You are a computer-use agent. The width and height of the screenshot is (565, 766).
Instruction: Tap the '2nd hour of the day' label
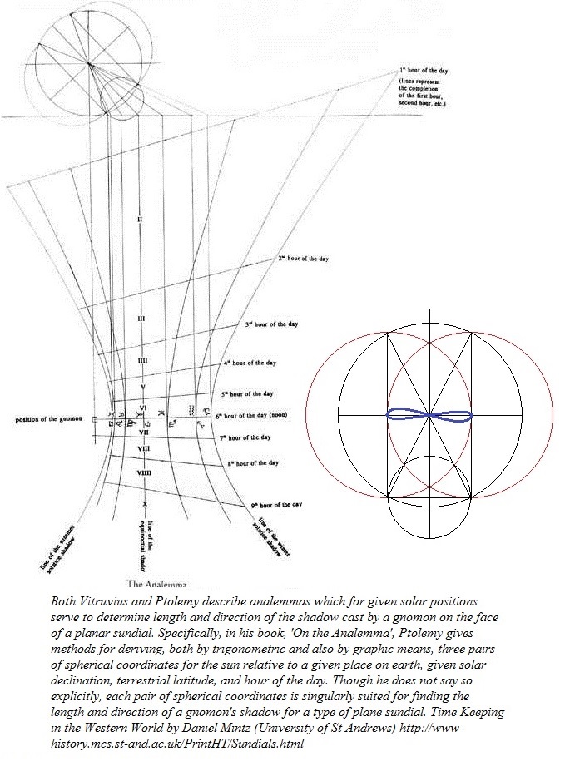(303, 259)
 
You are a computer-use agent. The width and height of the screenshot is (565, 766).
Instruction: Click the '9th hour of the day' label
(275, 505)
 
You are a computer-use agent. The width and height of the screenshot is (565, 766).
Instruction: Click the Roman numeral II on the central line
(141, 219)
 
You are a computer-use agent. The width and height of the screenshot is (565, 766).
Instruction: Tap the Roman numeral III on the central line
(142, 319)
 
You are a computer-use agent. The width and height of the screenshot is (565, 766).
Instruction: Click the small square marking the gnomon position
(96, 419)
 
